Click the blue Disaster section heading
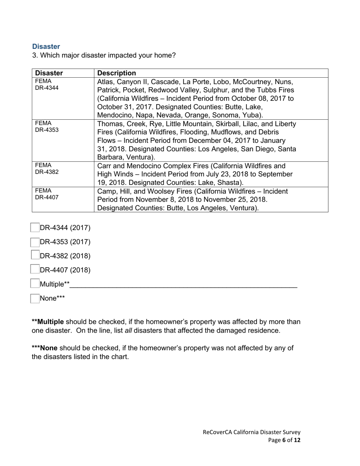[46, 47]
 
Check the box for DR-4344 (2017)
[35, 228]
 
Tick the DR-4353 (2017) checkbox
[35, 242]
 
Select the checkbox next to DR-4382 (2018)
[35, 255]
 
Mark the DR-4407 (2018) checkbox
[35, 269]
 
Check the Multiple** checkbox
[35, 283]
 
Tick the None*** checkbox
[35, 298]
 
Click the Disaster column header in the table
[49, 73]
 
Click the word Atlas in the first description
[105, 82]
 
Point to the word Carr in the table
[104, 166]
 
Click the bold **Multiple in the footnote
[48, 322]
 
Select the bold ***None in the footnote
[42, 348]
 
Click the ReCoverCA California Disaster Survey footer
[252, 432]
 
